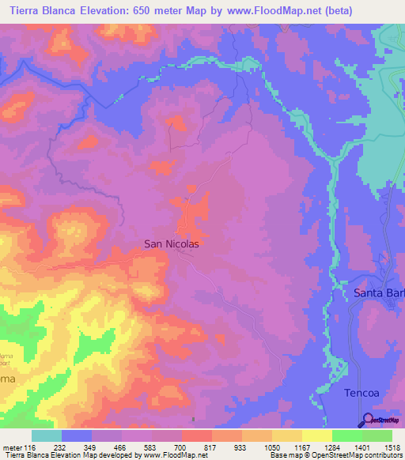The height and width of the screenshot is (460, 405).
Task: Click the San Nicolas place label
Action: click(x=171, y=244)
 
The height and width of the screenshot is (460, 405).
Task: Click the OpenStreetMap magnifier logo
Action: click(x=367, y=419)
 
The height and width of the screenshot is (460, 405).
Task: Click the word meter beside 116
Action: click(x=14, y=447)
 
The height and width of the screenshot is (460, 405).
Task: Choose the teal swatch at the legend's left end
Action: click(x=46, y=435)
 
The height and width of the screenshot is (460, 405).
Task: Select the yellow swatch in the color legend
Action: click(x=316, y=435)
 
